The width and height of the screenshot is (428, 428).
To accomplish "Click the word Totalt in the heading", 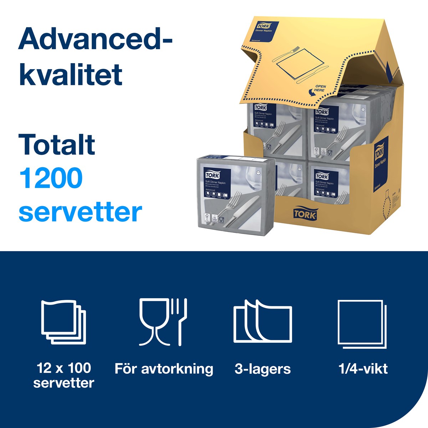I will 57,144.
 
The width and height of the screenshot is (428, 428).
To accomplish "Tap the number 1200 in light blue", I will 51,178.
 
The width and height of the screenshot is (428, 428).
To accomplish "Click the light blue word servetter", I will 80,212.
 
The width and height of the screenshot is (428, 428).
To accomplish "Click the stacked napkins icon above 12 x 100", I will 63,322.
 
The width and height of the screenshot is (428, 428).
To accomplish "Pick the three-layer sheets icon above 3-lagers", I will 263,322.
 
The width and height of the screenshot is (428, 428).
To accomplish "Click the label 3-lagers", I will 263,369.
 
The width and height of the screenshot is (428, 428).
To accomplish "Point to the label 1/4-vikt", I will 363,368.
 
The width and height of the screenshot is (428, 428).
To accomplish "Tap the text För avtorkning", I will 164,368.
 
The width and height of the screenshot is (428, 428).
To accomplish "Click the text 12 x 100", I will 64,367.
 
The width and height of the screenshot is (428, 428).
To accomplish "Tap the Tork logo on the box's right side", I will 378,151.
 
